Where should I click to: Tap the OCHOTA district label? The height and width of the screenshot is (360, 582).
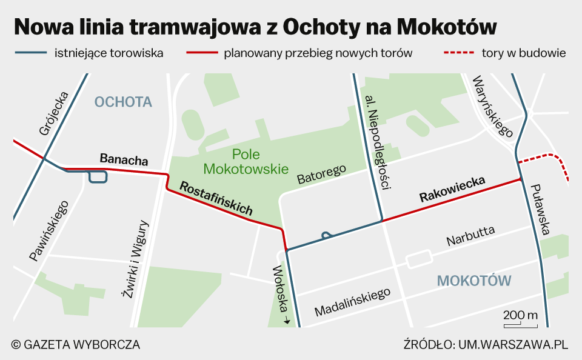(123, 102)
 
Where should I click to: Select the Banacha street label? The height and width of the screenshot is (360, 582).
(124, 160)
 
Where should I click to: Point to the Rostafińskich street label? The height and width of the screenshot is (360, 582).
(216, 198)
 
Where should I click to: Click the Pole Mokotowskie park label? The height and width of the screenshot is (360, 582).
(246, 162)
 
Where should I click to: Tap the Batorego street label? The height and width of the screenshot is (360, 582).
(321, 173)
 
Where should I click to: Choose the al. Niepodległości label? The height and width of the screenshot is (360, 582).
(376, 142)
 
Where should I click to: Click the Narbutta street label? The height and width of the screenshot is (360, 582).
(470, 236)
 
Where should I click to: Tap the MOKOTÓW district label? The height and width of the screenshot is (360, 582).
(474, 281)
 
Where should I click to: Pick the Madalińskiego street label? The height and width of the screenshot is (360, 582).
(352, 301)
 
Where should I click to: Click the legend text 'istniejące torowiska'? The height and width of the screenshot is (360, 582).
(109, 53)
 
